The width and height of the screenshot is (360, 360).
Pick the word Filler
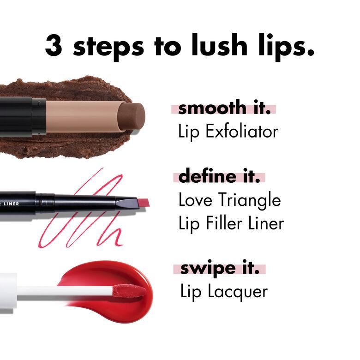(x=224, y=223)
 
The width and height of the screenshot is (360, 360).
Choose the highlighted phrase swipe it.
(x=219, y=269)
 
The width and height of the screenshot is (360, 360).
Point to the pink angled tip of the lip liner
(x=140, y=202)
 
